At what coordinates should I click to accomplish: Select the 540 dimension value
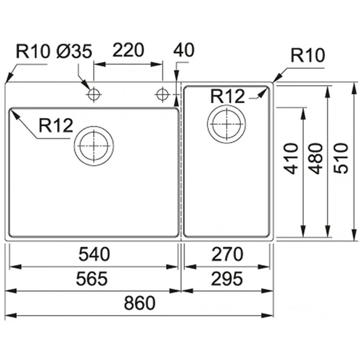coord(94,255)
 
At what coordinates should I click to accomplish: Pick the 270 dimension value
coord(228,255)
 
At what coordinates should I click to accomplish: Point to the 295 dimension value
coord(227,279)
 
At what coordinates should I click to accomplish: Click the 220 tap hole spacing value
coord(128,50)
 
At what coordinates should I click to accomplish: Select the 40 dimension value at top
coord(184,50)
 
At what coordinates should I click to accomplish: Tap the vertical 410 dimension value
coord(292,158)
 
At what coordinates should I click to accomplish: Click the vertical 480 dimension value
coord(316,158)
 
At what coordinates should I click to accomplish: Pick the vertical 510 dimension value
coord(341,158)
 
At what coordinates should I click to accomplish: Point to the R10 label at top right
coord(308,56)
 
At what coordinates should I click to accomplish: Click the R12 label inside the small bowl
coord(227,96)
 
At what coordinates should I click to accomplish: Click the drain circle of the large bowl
coord(94,146)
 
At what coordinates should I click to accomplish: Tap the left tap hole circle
coord(94,94)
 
